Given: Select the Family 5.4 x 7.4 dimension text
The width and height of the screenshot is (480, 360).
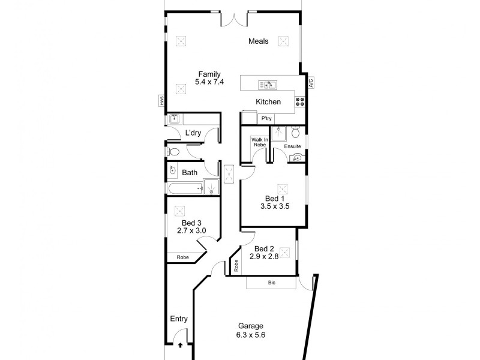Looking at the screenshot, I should tap(209, 82).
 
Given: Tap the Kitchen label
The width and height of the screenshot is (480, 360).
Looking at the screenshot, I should tap(268, 102).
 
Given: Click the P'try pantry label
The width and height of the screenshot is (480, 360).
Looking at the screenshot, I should tap(265, 119).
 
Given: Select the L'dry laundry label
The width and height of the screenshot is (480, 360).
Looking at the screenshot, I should tap(193, 133).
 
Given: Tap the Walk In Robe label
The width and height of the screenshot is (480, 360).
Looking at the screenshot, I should tap(259, 143).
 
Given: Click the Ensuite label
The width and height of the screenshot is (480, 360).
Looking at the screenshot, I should tap(292, 146).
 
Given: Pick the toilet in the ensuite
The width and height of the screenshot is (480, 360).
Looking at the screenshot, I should tap(295, 131).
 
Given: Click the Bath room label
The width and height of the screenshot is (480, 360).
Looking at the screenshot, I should tap(190, 173).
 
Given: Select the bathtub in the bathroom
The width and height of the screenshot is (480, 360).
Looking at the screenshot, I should tap(184, 190).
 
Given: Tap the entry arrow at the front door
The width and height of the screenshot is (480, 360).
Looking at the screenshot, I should tap(180, 345).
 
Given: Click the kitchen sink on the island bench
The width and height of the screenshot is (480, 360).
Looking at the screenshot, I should tap(267, 85).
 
